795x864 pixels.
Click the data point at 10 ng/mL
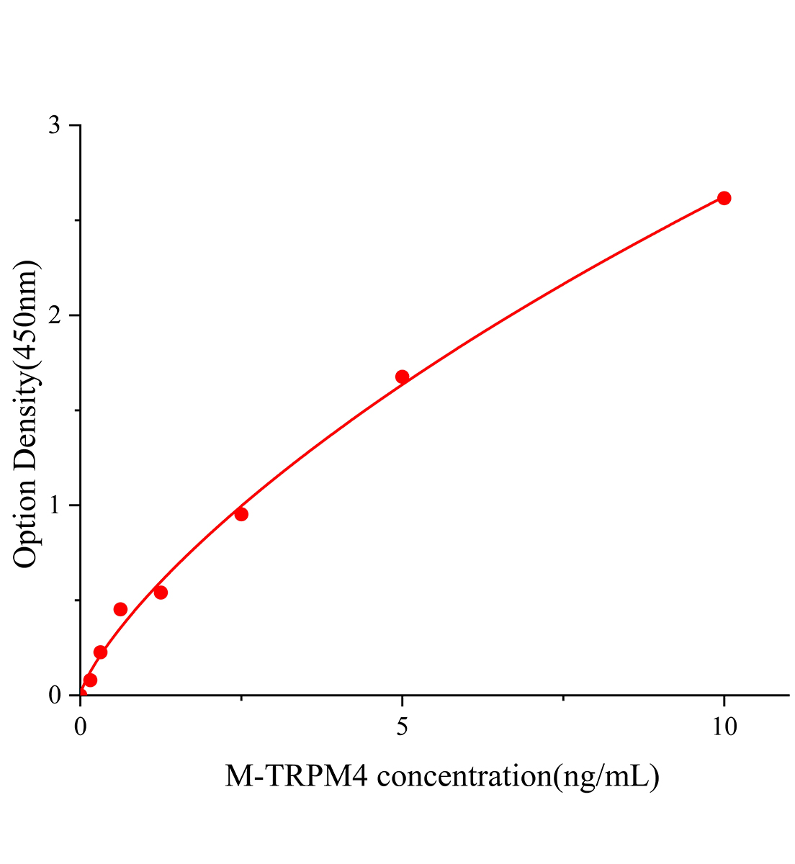[x=724, y=198]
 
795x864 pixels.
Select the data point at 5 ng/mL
[x=403, y=377]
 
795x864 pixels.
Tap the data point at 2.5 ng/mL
[x=241, y=514]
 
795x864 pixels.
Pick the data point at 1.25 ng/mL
[x=161, y=593]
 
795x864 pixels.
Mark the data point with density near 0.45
[x=120, y=609]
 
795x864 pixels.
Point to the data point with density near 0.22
[x=101, y=652]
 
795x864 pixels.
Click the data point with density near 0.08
[x=90, y=680]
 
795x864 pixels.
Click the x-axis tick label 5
[x=403, y=727]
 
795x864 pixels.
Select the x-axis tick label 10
[x=724, y=727]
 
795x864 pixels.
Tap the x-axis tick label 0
[x=81, y=727]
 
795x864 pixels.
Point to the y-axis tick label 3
[x=55, y=126]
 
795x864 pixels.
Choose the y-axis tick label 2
[x=55, y=315]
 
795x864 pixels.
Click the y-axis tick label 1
[x=55, y=505]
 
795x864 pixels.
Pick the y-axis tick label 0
[x=55, y=696]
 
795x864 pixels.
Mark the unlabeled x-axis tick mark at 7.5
[x=563, y=698]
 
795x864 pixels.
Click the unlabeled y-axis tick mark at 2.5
[x=77, y=220]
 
